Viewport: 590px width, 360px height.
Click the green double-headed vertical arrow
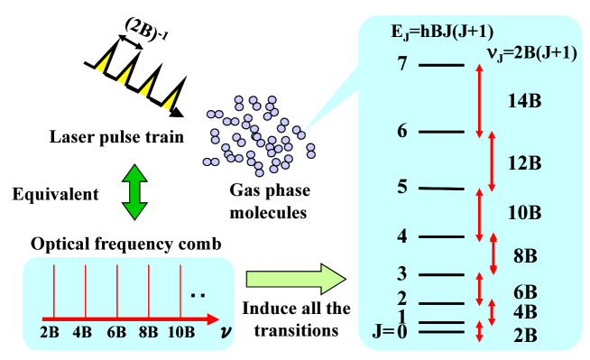(134, 192)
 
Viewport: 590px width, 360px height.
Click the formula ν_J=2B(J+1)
(532, 52)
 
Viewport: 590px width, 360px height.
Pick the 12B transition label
(524, 163)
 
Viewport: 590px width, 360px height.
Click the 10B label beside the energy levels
(524, 213)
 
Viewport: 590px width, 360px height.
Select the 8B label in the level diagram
(525, 255)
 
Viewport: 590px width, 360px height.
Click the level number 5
(401, 187)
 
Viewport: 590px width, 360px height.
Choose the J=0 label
(390, 332)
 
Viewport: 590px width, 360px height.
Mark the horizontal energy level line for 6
(441, 132)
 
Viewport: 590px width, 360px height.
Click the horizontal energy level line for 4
(441, 237)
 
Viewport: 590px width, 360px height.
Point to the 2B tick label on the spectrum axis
(51, 332)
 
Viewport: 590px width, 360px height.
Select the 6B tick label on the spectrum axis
(116, 332)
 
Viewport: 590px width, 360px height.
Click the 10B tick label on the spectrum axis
(181, 332)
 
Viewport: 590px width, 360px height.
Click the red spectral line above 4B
(86, 291)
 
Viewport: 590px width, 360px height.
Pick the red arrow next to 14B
(479, 101)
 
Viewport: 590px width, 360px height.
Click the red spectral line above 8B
(150, 291)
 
